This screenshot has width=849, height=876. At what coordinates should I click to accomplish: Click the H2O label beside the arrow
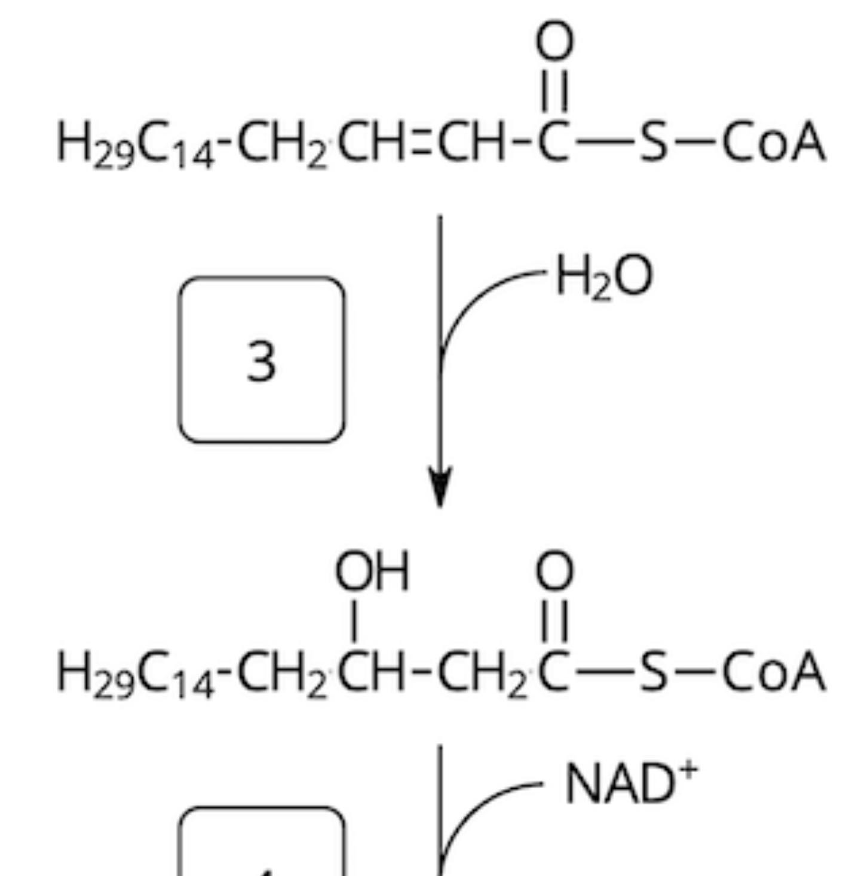[x=603, y=278]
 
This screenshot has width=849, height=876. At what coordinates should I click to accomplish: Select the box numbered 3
[x=262, y=360]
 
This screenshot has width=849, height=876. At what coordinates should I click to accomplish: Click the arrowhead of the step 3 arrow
[x=440, y=487]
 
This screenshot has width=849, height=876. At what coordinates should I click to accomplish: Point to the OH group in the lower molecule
[x=372, y=571]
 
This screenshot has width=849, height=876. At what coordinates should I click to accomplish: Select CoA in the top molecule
[x=774, y=144]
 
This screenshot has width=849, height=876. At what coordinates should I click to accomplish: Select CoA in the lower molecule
[x=774, y=673]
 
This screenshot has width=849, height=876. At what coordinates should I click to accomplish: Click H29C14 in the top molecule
[x=134, y=146]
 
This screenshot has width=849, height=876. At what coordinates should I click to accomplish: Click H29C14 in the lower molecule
[x=134, y=675]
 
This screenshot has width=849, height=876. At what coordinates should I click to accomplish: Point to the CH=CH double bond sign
[x=422, y=145]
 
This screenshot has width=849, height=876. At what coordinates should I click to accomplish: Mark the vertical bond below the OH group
[x=356, y=620]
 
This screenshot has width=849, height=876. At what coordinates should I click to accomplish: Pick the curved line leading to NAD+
[x=478, y=806]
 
